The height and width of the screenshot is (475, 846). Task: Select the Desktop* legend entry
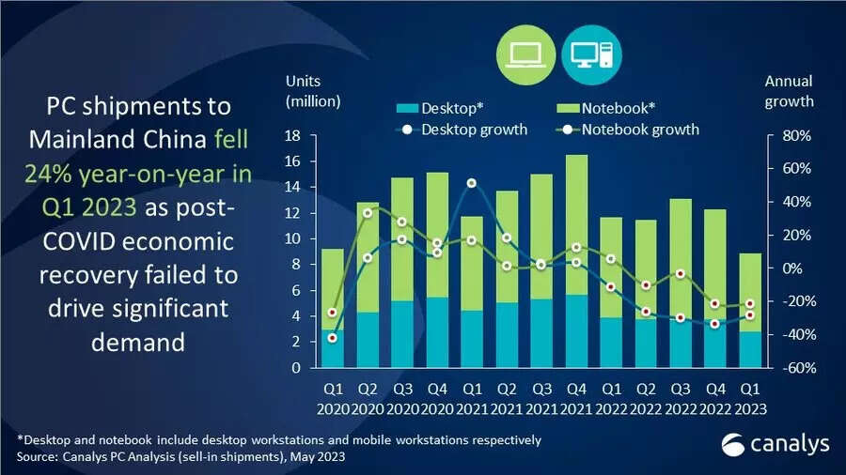coord(442,108)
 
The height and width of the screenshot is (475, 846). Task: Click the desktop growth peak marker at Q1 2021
coord(472,183)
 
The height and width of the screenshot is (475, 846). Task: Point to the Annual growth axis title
coord(789,91)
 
